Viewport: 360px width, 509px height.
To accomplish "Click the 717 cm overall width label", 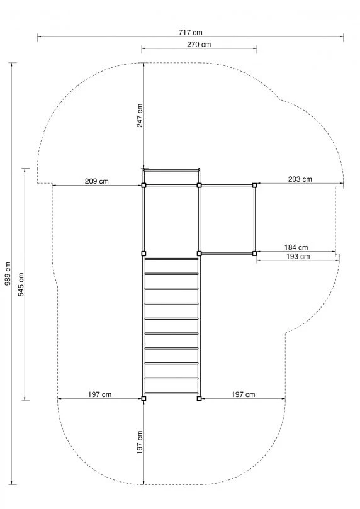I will click(190, 32).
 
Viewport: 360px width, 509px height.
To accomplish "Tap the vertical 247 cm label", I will click(140, 116).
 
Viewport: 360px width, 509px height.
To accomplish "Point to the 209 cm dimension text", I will click(96, 181).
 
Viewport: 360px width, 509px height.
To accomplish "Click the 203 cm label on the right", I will click(300, 179).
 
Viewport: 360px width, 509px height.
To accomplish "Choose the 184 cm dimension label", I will click(296, 247).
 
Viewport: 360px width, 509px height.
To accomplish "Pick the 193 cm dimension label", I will click(298, 257).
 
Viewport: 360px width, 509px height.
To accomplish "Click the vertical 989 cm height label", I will click(8, 274).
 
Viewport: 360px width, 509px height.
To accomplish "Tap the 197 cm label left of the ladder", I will click(99, 394).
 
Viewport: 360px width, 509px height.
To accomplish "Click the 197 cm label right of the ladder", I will click(243, 394).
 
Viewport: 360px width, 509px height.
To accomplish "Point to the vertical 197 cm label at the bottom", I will click(140, 442).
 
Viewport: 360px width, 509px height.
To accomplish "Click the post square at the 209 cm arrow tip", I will click(143, 186).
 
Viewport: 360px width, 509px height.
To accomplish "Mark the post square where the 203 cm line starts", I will click(255, 185).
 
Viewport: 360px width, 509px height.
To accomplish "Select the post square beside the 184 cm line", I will click(255, 253).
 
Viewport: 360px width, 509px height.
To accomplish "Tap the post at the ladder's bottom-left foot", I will click(143, 398).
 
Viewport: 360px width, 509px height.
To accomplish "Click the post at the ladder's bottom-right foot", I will click(200, 398).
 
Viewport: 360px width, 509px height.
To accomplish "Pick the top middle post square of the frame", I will click(200, 186).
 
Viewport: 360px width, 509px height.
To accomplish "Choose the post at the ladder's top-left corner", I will click(143, 254).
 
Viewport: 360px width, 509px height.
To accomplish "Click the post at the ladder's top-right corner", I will click(200, 254).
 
